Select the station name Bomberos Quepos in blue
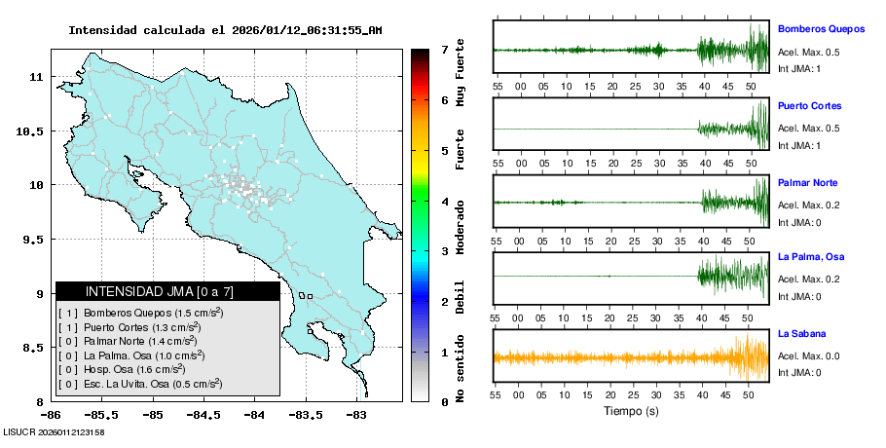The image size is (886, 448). (822, 28)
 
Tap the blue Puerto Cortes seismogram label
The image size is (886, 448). (809, 106)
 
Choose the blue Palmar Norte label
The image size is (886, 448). (807, 183)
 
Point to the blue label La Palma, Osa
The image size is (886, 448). (810, 257)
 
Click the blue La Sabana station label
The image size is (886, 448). (800, 334)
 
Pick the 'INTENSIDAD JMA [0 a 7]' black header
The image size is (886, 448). (167, 291)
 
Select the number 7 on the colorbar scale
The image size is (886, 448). (444, 49)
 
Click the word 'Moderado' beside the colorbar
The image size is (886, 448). (460, 224)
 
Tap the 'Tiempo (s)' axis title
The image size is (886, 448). (632, 411)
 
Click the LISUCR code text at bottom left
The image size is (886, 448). (54, 431)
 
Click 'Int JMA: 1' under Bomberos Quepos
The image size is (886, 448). (799, 68)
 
